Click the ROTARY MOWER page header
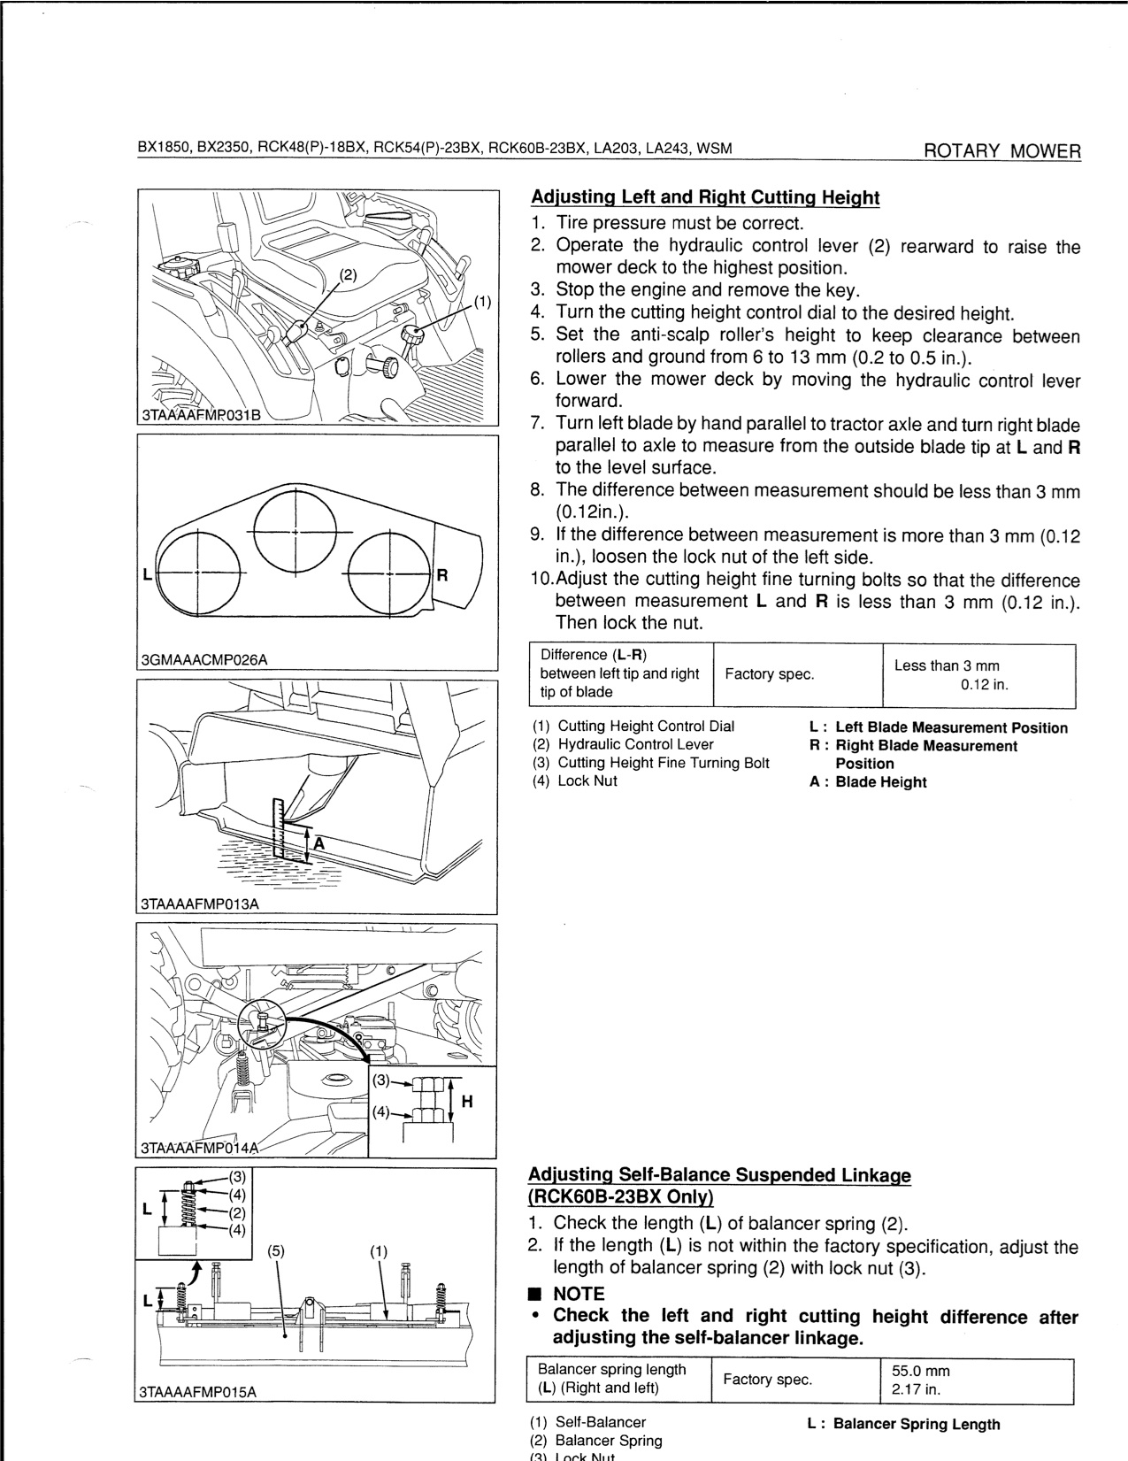1001,150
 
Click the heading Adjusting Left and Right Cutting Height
704,197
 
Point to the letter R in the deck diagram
443,574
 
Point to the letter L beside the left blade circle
146,574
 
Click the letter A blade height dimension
318,843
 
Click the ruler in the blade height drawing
280,827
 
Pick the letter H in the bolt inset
467,1102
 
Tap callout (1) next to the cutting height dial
482,302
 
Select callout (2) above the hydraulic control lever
349,274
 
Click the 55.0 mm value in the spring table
922,1371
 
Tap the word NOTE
579,1294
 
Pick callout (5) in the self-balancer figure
277,1251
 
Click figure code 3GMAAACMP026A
204,659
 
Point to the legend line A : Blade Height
868,782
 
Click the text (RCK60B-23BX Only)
620,1197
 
